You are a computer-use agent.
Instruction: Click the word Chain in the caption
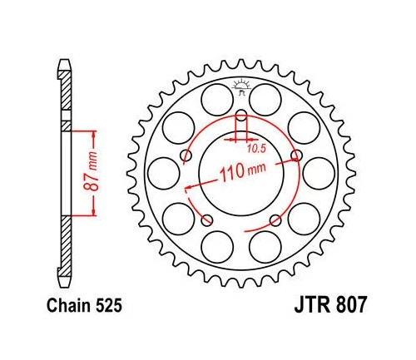pyautogui.click(x=72, y=306)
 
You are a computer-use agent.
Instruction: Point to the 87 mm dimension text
pyautogui.click(x=97, y=171)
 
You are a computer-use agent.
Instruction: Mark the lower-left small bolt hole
pyautogui.click(x=208, y=219)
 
